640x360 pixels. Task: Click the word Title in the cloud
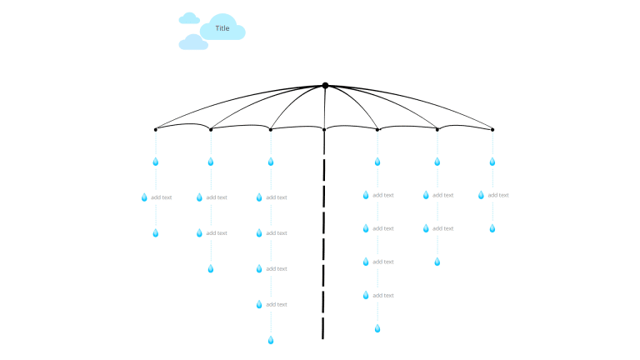[222, 28]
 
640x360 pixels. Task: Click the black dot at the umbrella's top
[325, 85]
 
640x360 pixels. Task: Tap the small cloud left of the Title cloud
[189, 18]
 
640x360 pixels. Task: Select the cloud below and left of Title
[193, 42]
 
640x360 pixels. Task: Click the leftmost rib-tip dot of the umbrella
[156, 129]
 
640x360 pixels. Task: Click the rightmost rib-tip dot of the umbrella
[492, 129]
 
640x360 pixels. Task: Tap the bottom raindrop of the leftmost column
[155, 233]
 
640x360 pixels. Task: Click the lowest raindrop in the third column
[270, 340]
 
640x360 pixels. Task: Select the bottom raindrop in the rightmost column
[492, 228]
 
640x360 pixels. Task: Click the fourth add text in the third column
[276, 304]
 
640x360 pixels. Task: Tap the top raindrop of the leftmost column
[155, 162]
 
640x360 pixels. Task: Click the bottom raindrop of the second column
[211, 268]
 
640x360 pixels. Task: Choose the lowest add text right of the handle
[382, 295]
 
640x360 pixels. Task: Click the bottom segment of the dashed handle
[322, 328]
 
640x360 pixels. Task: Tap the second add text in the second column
[216, 233]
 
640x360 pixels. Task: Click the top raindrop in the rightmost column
[492, 162]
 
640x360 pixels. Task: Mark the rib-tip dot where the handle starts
[324, 129]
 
